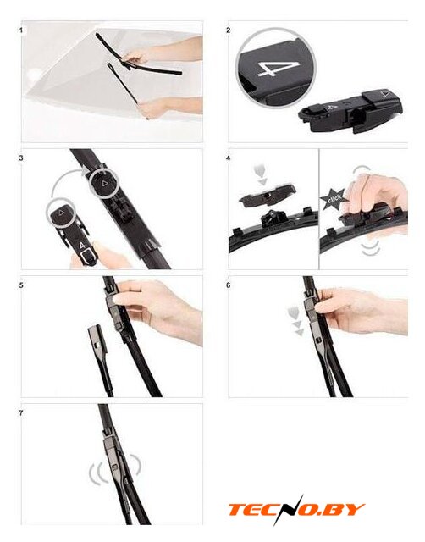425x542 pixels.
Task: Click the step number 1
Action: click(x=21, y=30)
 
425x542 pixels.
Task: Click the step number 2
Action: click(x=228, y=30)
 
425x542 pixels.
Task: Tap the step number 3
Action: click(x=21, y=158)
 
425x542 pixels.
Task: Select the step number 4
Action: click(x=228, y=158)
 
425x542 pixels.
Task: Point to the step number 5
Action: click(x=21, y=285)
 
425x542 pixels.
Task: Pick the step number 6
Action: click(x=228, y=285)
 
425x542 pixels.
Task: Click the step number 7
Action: click(x=21, y=413)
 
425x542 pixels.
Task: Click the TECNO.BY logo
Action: click(x=296, y=510)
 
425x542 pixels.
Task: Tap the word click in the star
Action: click(x=334, y=199)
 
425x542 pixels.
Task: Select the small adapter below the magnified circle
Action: click(x=350, y=111)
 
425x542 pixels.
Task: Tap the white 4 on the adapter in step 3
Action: click(x=82, y=245)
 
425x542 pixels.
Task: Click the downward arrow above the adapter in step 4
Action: click(x=261, y=176)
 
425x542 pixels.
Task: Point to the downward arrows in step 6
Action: click(x=295, y=322)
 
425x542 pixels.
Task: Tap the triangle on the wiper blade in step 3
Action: click(x=104, y=183)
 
